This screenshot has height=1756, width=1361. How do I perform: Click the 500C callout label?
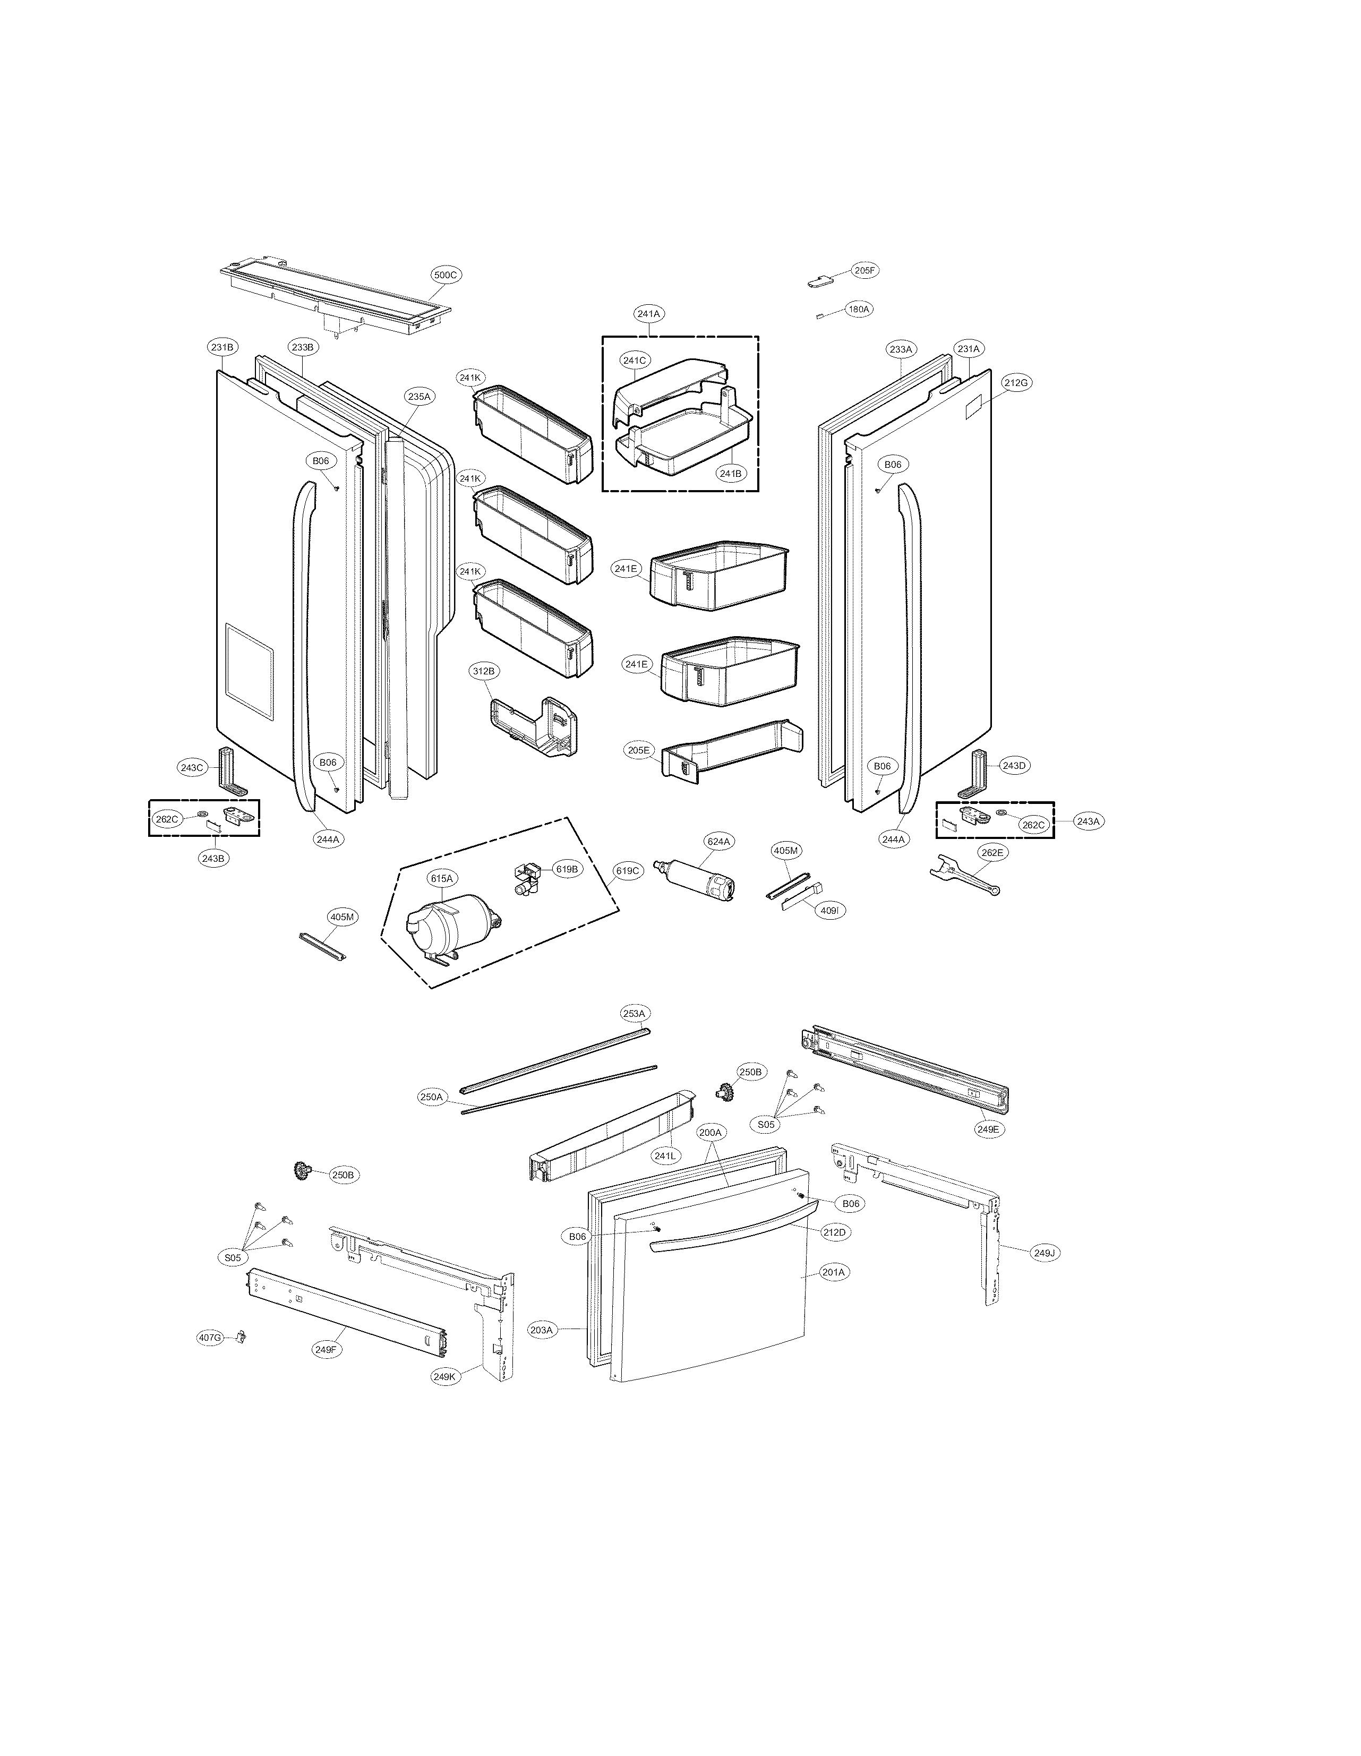coord(444,275)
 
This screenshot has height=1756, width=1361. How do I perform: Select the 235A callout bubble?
coord(419,396)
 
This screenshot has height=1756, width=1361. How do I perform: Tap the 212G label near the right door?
coord(1015,383)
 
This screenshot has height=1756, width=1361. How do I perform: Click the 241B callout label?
coord(730,474)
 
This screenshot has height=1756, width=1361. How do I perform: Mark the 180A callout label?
coord(859,309)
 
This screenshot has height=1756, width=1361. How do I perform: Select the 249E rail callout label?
coord(987,1129)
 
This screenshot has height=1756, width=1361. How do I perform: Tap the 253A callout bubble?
coord(634,1013)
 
